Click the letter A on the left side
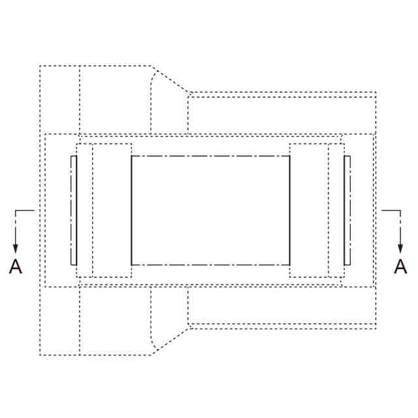(16, 266)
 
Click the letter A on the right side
(400, 266)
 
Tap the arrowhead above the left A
(16, 248)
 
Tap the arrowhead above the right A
(400, 248)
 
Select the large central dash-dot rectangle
(210, 156)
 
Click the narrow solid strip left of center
(74, 210)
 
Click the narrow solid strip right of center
(347, 210)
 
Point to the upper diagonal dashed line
(170, 79)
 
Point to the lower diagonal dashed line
(170, 342)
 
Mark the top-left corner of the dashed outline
(40, 65)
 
